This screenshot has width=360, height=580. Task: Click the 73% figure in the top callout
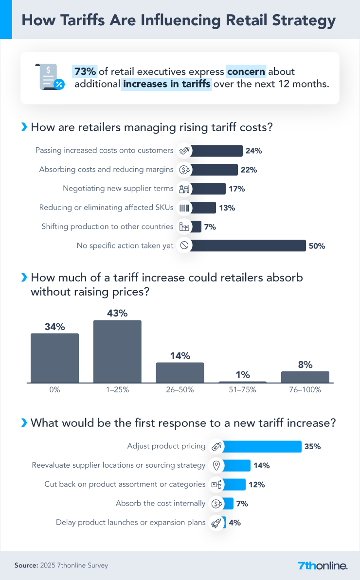(x=84, y=72)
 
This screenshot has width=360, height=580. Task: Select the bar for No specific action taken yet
(x=248, y=246)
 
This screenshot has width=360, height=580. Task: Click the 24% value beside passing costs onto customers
(x=254, y=151)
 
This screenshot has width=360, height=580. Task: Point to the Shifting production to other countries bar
(x=196, y=227)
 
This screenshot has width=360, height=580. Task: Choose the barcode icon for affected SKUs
(x=184, y=208)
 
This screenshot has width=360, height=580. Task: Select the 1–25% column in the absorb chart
(x=117, y=351)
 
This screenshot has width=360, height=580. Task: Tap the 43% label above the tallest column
(x=117, y=314)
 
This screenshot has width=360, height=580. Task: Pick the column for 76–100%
(x=305, y=377)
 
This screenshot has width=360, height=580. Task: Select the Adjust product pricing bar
(x=263, y=446)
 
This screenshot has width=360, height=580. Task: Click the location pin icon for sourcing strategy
(x=217, y=465)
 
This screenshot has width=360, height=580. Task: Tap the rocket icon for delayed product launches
(x=217, y=523)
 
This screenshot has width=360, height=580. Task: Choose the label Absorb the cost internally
(x=161, y=504)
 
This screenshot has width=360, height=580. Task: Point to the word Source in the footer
(x=26, y=565)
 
